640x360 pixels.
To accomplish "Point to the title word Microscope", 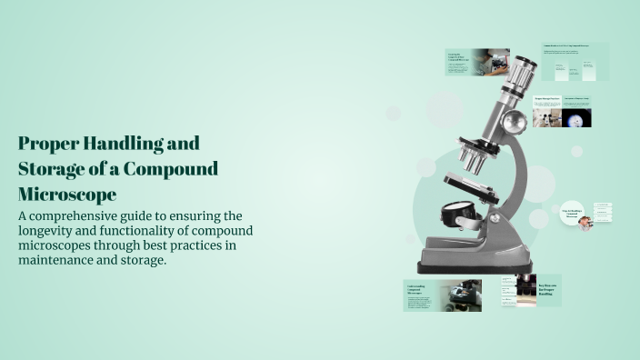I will coord(67,195).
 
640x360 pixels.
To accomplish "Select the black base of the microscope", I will coord(467,267).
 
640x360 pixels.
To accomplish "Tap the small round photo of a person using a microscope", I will coord(585,222).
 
